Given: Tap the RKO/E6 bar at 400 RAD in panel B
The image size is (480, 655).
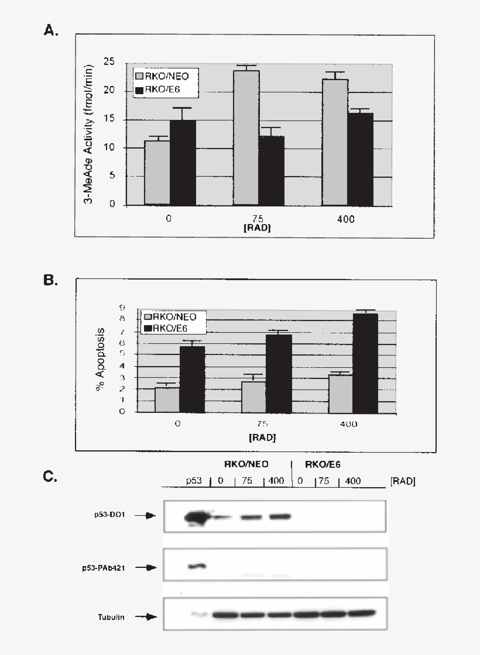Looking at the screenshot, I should tap(364, 363).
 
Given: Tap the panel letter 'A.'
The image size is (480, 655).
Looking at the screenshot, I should tap(52, 30).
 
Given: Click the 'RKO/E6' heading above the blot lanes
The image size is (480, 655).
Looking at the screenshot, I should tap(324, 464).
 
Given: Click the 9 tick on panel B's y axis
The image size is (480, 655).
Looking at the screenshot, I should tap(122, 308).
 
